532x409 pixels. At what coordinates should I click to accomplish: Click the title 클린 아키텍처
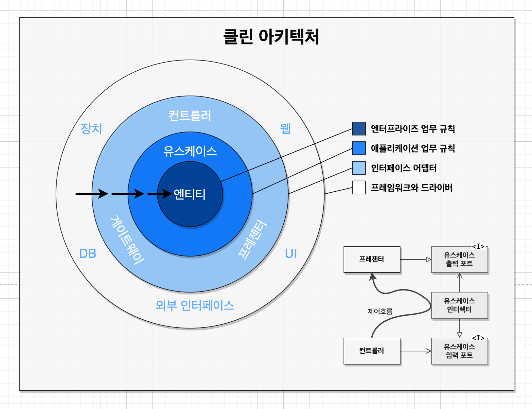[x=271, y=36]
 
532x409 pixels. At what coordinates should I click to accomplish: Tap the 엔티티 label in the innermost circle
[x=190, y=194]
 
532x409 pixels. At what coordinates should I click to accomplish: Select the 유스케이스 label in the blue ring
[x=190, y=151]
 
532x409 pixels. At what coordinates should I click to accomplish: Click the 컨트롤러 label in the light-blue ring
[x=190, y=116]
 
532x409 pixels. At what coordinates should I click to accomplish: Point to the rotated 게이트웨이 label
[x=127, y=240]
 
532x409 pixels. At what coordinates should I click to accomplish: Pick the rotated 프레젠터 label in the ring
[x=253, y=240]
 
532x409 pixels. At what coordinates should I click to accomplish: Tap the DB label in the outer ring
[x=88, y=254]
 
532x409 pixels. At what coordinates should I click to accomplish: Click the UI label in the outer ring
[x=291, y=254]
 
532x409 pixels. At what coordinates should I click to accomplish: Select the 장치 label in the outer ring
[x=91, y=129]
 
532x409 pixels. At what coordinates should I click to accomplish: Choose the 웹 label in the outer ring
[x=285, y=129]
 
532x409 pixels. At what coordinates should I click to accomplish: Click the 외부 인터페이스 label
[x=195, y=305]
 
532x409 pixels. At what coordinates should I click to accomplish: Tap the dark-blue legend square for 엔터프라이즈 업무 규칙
[x=359, y=129]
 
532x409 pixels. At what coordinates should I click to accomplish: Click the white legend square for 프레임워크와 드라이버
[x=359, y=187]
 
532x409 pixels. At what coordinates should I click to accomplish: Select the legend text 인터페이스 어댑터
[x=404, y=168]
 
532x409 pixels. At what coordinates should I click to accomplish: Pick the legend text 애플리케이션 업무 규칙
[x=413, y=148]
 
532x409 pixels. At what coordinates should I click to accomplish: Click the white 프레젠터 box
[x=372, y=259]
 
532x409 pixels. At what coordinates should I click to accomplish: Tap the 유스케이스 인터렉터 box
[x=459, y=305]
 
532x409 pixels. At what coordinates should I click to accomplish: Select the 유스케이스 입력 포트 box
[x=459, y=351]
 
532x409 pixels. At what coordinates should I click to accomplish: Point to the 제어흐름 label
[x=380, y=311]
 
